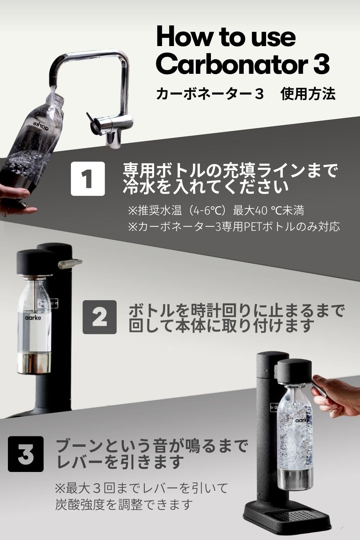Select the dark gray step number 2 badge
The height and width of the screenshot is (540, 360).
point(100,317)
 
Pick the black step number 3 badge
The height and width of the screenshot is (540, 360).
point(26,454)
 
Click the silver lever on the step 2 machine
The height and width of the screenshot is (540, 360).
point(70,264)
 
